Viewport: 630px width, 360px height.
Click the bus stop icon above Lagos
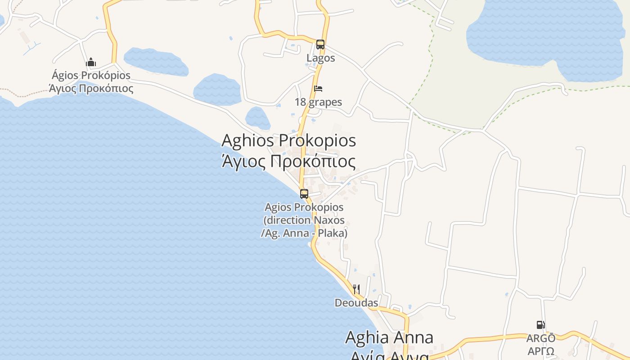click(320, 44)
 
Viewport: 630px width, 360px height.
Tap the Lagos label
click(321, 58)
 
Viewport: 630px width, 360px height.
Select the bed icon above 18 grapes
click(318, 88)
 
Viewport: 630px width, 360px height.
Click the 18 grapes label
click(318, 102)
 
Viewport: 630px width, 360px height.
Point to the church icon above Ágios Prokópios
click(91, 62)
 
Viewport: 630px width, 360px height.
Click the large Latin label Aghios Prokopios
click(288, 140)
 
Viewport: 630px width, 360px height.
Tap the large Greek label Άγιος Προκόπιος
click(288, 161)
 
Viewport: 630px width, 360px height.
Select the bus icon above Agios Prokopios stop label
click(304, 194)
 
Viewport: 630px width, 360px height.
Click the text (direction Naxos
click(304, 220)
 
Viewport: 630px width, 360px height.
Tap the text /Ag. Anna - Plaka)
click(304, 233)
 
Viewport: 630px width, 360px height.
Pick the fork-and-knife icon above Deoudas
click(356, 289)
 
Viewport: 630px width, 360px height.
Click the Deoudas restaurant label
click(356, 303)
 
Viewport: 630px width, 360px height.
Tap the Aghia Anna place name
click(389, 337)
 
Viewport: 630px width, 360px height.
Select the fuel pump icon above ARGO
click(540, 324)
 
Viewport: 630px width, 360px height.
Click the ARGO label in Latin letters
click(540, 338)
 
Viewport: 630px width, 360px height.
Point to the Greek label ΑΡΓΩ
click(540, 351)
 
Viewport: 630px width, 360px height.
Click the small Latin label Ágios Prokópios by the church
click(91, 75)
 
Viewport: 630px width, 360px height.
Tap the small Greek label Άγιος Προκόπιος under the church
click(91, 88)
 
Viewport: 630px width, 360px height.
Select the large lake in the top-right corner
click(549, 34)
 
